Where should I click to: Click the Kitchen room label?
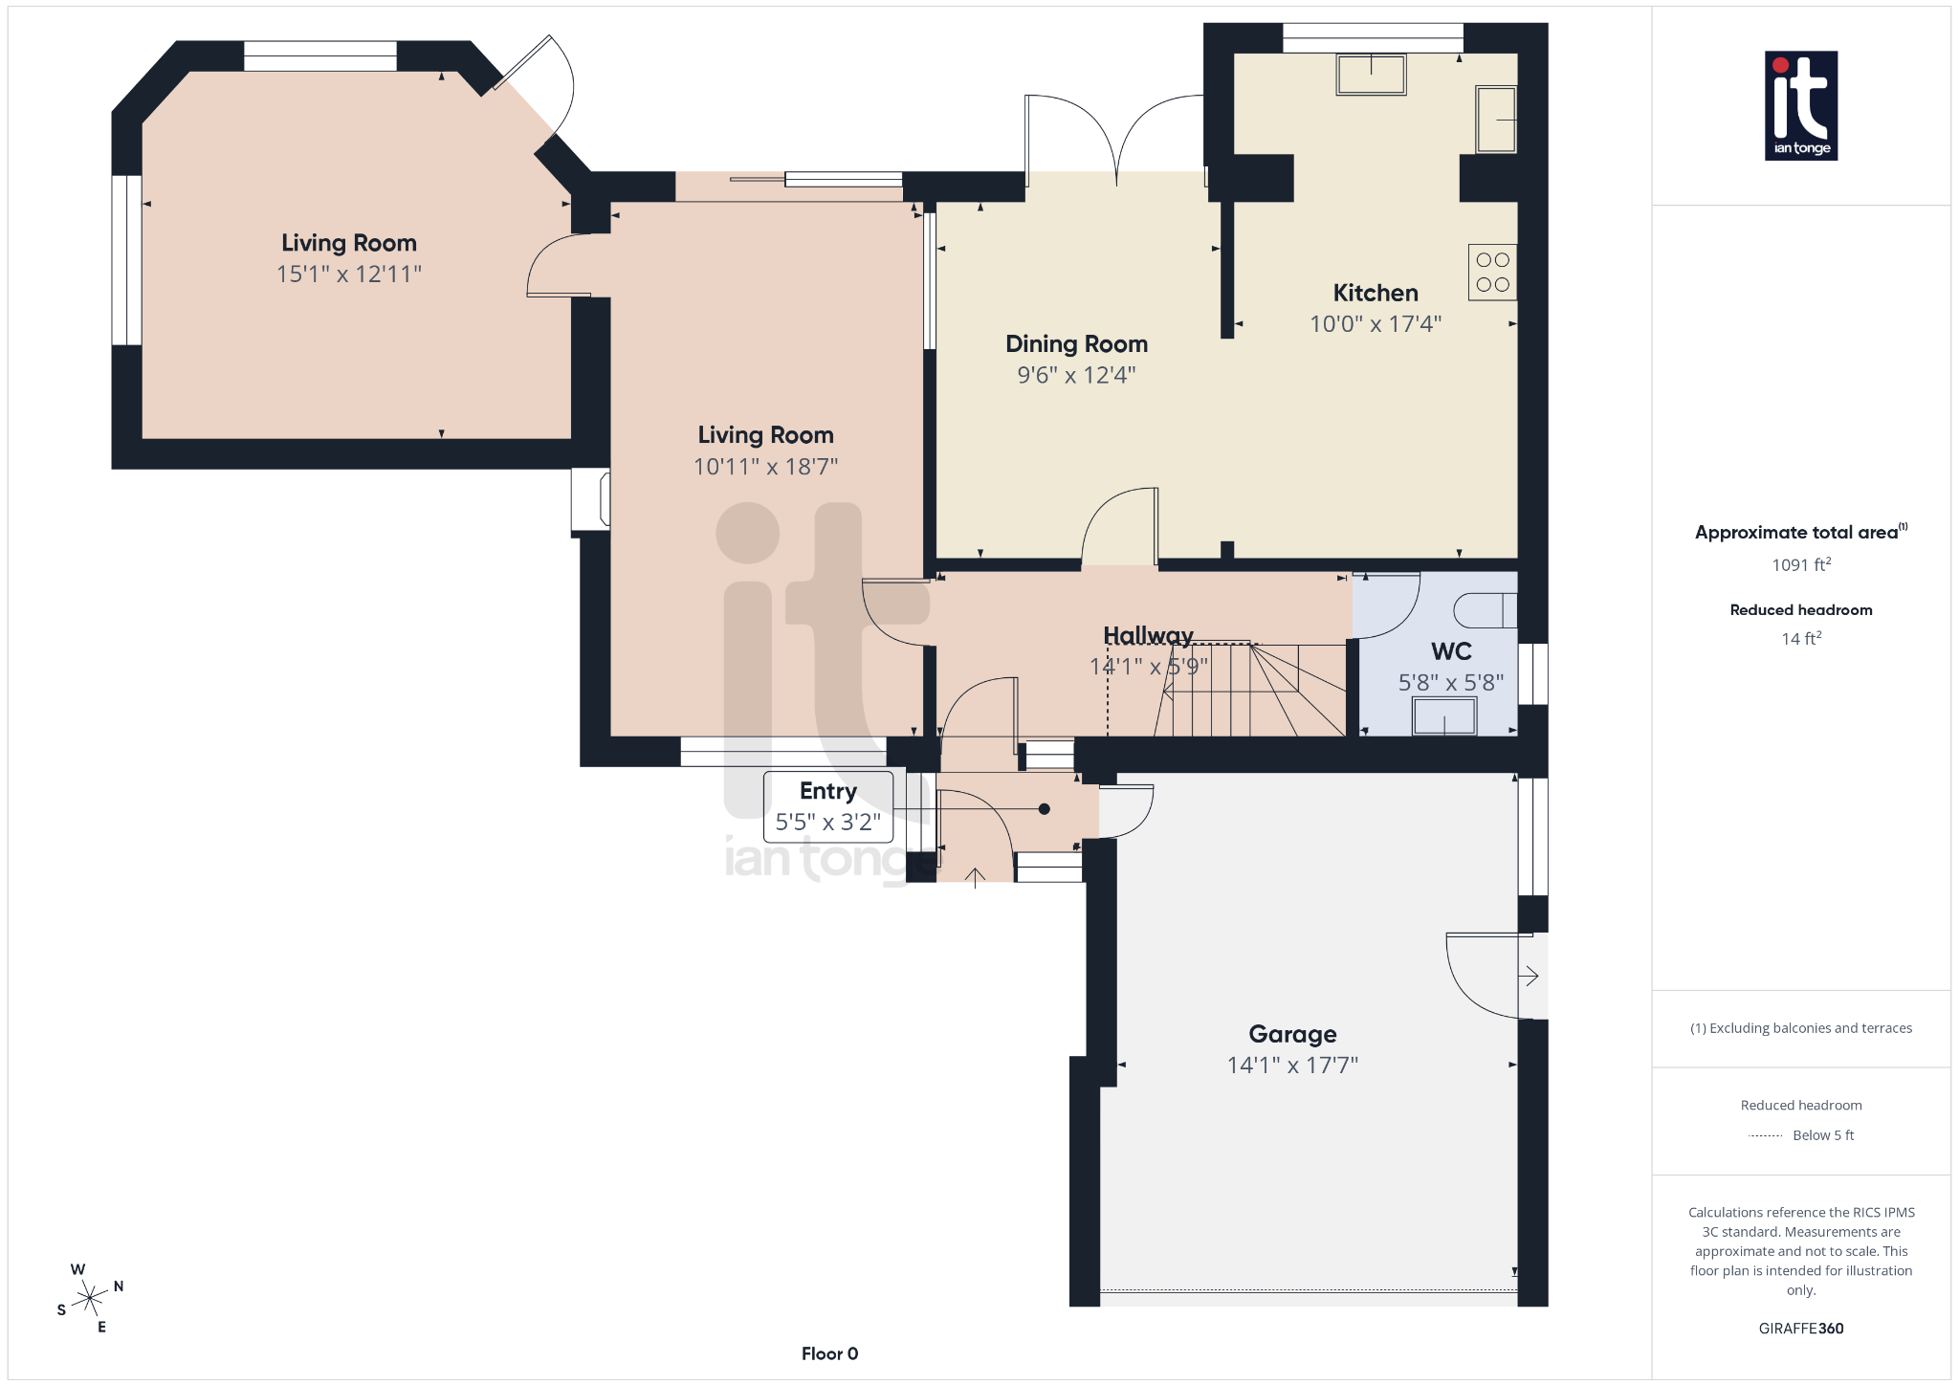click(1375, 293)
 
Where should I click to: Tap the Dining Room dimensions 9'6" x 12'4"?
click(1076, 375)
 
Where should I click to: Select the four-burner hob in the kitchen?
click(1492, 273)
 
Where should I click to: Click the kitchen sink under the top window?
click(1371, 75)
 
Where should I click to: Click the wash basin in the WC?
click(1444, 715)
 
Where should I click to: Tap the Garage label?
click(1292, 1034)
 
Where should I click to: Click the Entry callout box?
click(828, 806)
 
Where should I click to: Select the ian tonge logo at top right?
click(1800, 105)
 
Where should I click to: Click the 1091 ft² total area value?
click(1800, 565)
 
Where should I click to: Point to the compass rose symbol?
click(90, 1298)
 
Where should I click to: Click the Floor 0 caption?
click(829, 1353)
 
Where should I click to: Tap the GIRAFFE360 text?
click(1800, 1329)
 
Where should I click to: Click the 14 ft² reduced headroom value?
click(1800, 639)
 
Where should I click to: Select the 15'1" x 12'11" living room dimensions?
click(349, 275)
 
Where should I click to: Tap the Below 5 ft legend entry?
click(1821, 1135)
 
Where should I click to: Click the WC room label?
click(1451, 651)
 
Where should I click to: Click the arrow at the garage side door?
click(1530, 976)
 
